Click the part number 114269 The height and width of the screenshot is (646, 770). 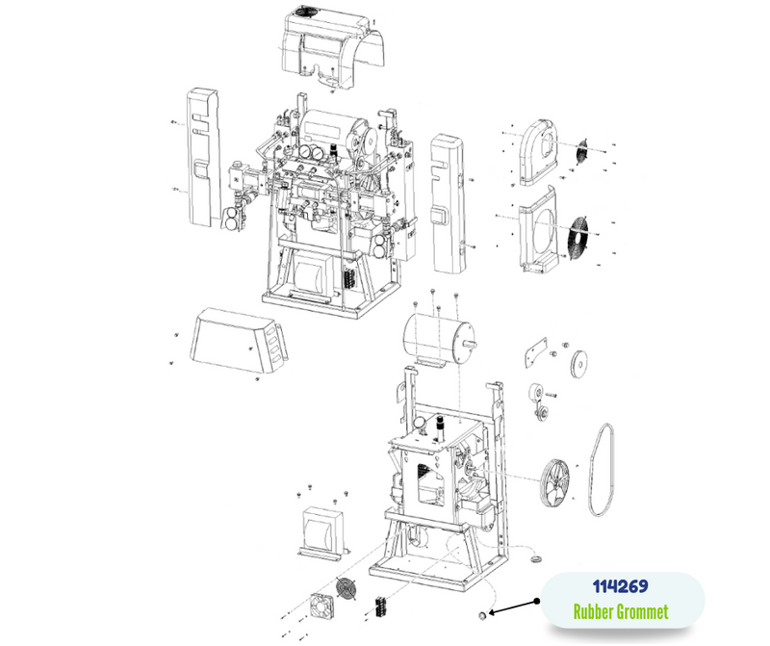point(620,586)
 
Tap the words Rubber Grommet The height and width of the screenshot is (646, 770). point(621,612)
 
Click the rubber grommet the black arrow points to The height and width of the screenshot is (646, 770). point(483,615)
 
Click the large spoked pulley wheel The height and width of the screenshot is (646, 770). point(555,485)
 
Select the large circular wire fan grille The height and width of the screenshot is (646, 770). point(579,236)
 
